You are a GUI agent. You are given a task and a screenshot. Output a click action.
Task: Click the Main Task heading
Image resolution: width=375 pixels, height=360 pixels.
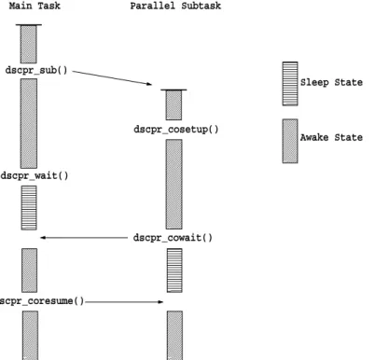tap(35, 6)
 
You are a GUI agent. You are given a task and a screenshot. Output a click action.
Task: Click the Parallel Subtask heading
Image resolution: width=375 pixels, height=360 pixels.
tap(175, 6)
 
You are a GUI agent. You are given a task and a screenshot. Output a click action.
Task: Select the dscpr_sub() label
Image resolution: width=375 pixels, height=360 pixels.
tap(36, 70)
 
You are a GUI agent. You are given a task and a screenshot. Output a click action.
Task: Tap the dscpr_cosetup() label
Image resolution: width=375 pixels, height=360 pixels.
tap(176, 130)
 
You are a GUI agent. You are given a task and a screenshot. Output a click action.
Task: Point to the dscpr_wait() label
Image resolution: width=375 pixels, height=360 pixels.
tap(35, 176)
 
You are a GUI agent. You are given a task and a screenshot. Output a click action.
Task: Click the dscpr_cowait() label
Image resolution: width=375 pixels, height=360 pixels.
tap(173, 238)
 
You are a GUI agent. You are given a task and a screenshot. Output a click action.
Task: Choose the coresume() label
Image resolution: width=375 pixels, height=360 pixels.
tap(42, 301)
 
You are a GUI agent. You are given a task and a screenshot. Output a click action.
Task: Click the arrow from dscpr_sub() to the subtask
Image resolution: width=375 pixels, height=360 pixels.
tap(112, 77)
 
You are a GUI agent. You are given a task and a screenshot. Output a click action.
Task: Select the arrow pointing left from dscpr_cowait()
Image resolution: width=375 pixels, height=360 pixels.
tap(84, 238)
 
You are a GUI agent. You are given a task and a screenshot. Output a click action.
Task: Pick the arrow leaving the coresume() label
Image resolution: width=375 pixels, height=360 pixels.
tap(124, 301)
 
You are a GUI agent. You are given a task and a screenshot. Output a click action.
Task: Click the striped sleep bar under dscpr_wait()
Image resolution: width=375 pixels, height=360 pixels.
tap(29, 208)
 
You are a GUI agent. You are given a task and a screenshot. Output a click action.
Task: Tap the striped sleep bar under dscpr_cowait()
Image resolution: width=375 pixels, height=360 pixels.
tap(174, 270)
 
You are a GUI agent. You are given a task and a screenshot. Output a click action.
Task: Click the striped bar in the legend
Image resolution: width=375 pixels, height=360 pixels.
tap(290, 84)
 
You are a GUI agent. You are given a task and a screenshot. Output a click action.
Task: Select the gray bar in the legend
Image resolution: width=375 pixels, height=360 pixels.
tap(290, 141)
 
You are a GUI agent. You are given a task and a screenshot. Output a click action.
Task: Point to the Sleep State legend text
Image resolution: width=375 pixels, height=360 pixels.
tap(331, 82)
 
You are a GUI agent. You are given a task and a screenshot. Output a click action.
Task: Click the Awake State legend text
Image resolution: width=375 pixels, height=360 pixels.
tap(331, 137)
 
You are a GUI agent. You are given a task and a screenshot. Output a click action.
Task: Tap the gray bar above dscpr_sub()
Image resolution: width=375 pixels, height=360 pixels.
tap(29, 44)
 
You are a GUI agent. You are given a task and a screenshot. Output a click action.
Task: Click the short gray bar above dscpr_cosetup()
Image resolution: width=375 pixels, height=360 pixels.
tap(174, 104)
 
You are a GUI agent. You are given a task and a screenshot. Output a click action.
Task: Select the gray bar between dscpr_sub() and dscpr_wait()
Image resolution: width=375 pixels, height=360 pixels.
tap(29, 123)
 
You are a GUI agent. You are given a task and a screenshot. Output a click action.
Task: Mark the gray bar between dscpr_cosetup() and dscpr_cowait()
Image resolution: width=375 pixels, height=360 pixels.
tap(174, 184)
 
